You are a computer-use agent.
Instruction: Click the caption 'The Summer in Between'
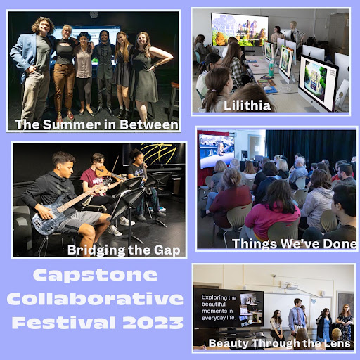click(96, 125)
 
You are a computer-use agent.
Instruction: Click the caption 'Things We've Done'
click(294, 244)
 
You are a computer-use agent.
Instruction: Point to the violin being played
click(105, 171)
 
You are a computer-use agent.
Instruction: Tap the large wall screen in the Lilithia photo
click(238, 30)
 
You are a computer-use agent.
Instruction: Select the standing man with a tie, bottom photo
click(297, 316)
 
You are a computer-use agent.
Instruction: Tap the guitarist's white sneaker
click(113, 231)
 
